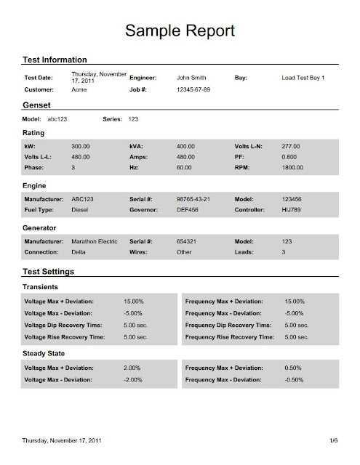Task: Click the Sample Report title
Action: (180, 30)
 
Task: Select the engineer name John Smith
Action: (193, 77)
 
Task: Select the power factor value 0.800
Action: (289, 156)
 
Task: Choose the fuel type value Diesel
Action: (81, 208)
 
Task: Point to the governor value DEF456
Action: (190, 208)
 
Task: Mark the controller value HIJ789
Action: (291, 208)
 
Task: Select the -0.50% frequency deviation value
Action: (295, 379)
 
